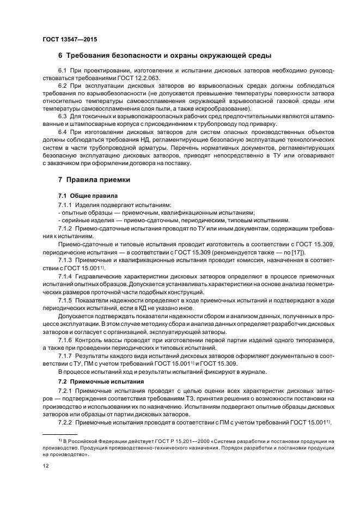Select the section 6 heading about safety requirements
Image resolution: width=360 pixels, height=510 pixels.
point(164,56)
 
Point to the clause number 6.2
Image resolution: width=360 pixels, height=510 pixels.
point(62,86)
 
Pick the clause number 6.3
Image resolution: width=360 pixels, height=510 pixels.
point(62,117)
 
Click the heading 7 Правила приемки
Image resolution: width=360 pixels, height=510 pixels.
point(93,179)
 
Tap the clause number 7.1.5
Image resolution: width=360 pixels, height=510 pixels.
point(65,300)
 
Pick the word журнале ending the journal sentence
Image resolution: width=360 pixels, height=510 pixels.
point(252,372)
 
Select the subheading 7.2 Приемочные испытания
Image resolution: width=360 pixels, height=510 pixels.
point(101,381)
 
